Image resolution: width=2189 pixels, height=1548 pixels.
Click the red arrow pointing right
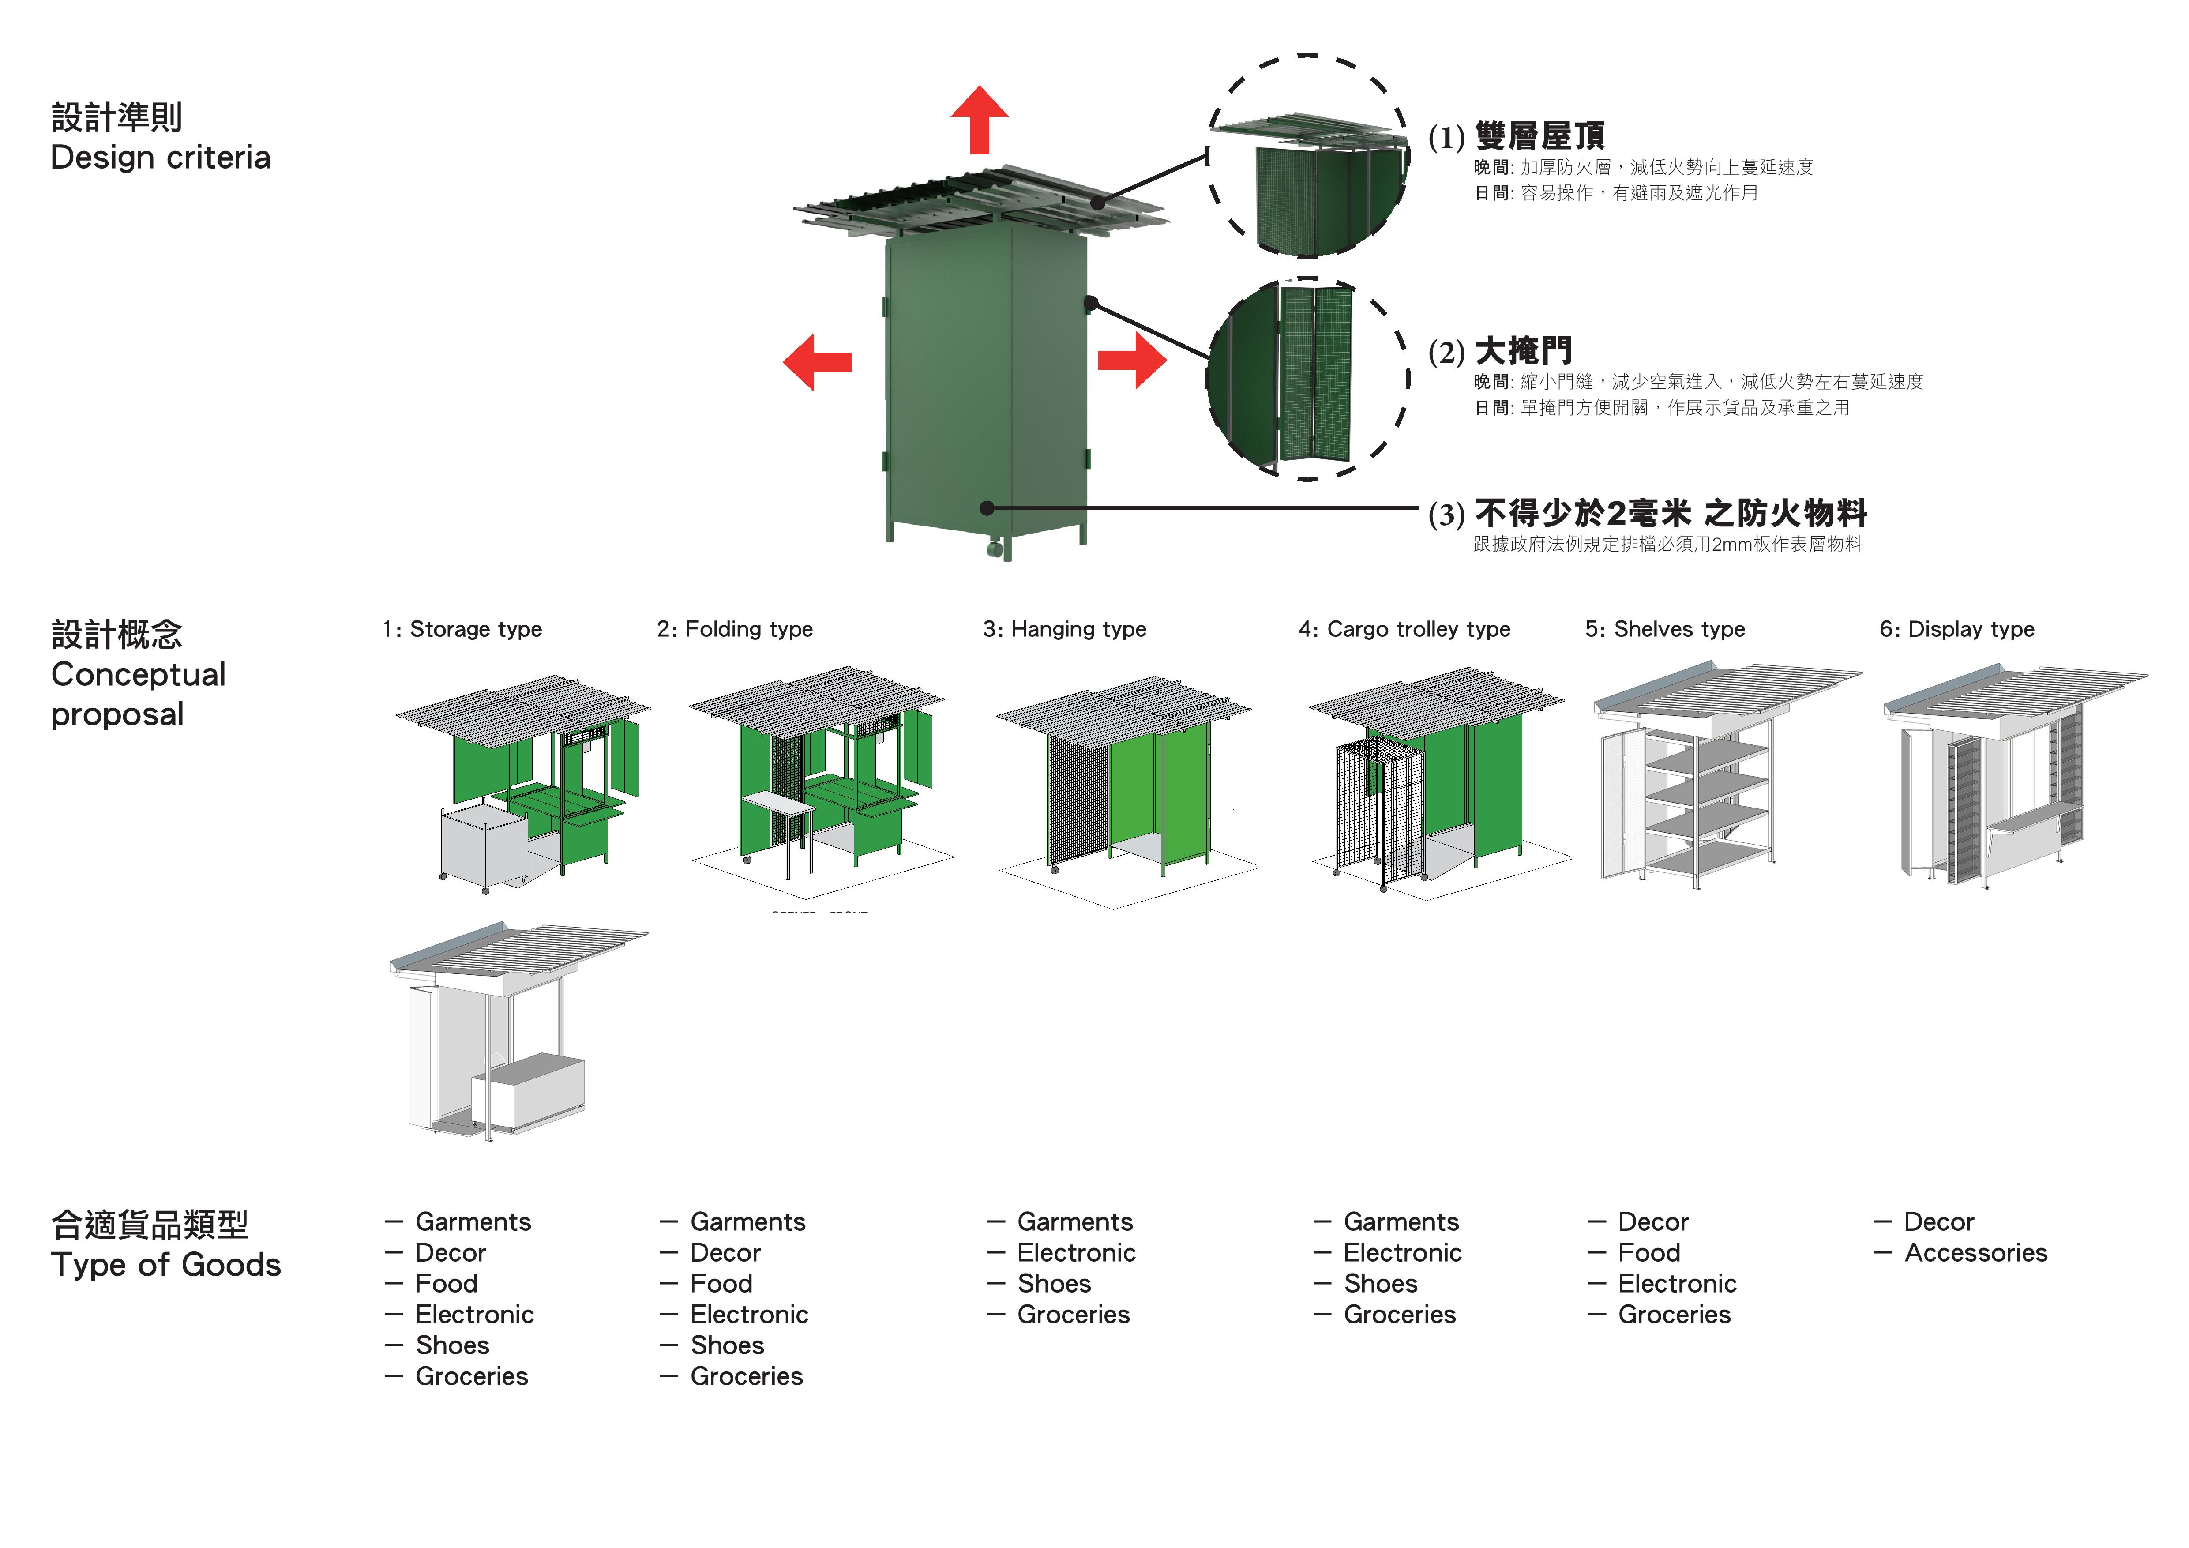(1133, 361)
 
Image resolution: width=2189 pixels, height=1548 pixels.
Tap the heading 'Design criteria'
(160, 157)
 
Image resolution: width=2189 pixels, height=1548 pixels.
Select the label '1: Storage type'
(462, 629)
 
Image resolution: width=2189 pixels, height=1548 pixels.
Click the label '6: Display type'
(1956, 629)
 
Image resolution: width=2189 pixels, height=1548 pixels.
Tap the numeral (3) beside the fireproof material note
(1446, 515)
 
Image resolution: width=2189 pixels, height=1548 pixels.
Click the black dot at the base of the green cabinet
(987, 508)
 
